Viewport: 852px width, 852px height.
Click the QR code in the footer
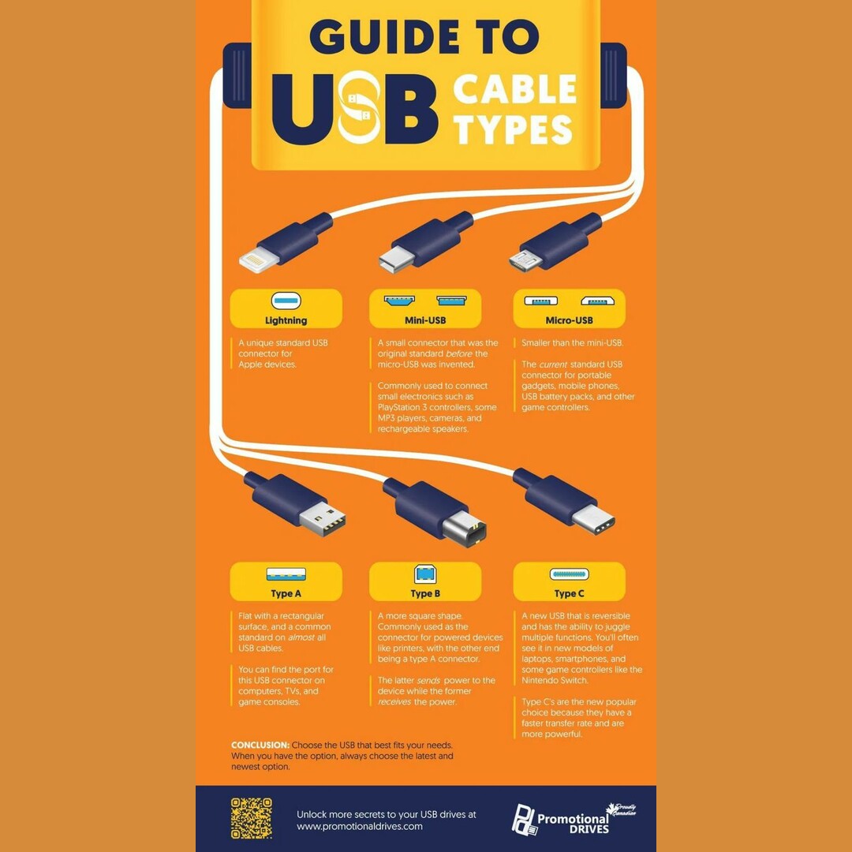[251, 818]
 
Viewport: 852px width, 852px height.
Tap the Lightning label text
[286, 320]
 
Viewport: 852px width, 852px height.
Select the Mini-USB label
[424, 320]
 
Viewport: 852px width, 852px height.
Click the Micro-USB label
[569, 320]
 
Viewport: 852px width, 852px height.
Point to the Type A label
[286, 593]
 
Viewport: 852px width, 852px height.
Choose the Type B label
[425, 593]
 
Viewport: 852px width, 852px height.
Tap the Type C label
[569, 593]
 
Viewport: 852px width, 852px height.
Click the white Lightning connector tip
[260, 260]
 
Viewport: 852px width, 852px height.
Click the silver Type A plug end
[322, 518]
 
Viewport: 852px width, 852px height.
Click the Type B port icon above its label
[425, 574]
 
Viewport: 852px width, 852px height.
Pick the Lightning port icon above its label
[286, 301]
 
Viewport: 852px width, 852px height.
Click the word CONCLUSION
[260, 745]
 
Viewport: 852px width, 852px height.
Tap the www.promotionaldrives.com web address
[359, 826]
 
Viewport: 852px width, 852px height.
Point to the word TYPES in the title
[513, 130]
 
